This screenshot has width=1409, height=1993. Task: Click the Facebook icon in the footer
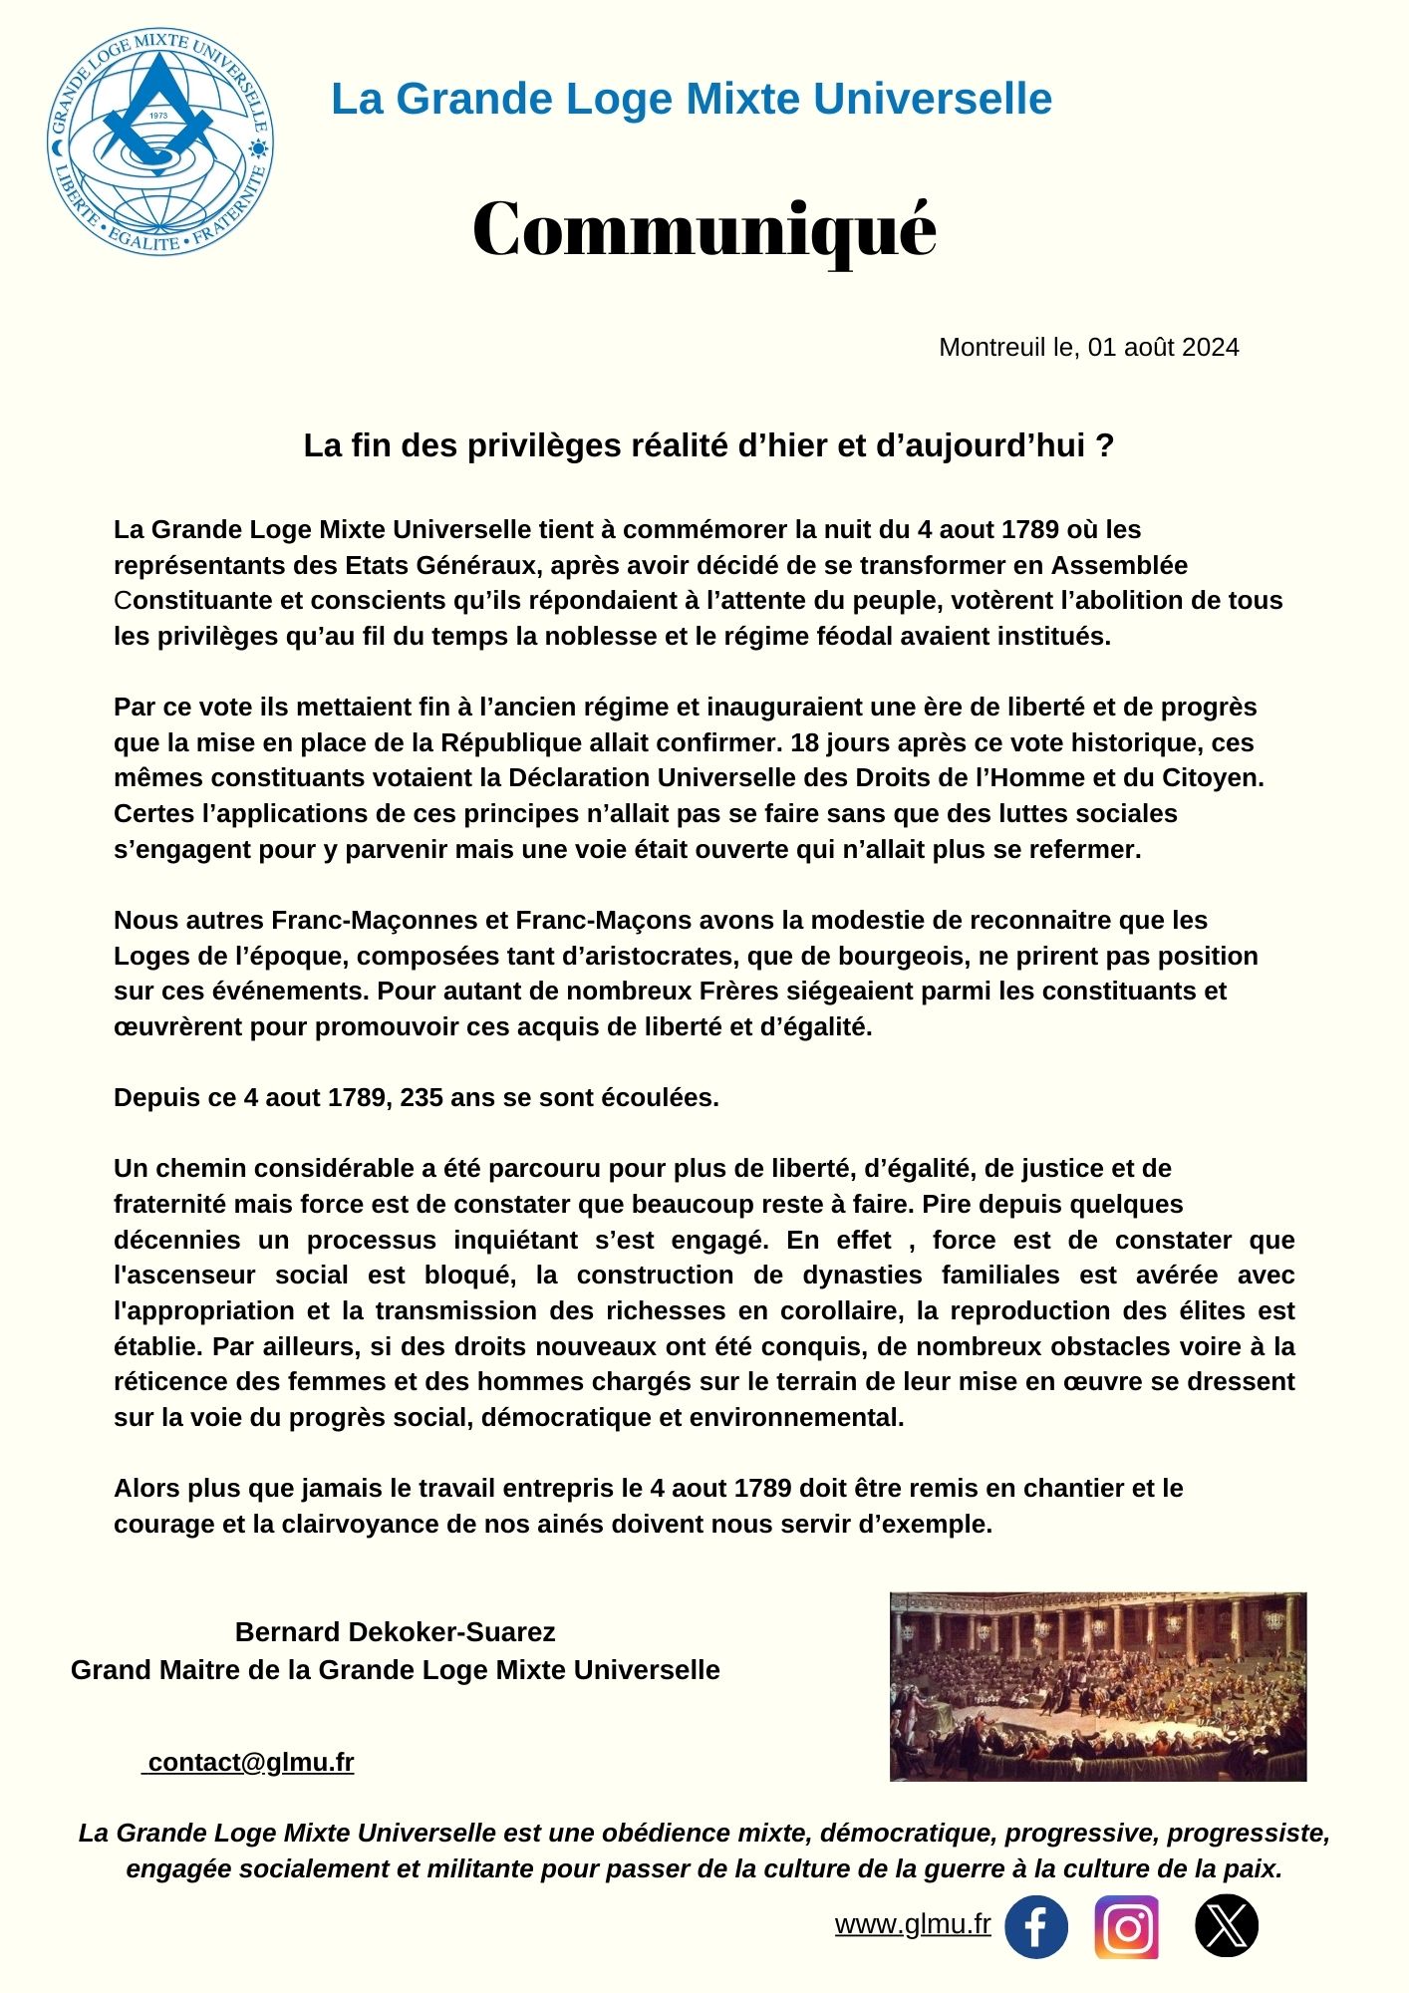[1035, 1926]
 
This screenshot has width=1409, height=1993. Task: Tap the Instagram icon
[1126, 1926]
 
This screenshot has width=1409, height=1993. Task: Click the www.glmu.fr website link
[913, 1924]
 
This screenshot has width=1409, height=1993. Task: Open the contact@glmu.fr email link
[250, 1762]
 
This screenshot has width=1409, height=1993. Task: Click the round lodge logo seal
[160, 142]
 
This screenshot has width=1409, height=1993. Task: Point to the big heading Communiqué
[704, 229]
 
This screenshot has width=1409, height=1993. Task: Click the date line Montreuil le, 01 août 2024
[1088, 347]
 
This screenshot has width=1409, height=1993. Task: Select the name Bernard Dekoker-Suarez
[395, 1631]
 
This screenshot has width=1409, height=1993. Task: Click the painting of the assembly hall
[1097, 1686]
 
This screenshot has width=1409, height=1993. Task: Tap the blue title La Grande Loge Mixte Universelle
[692, 99]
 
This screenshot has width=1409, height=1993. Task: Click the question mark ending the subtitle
[1104, 445]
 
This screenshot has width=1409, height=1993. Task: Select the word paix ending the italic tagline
[1255, 1868]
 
